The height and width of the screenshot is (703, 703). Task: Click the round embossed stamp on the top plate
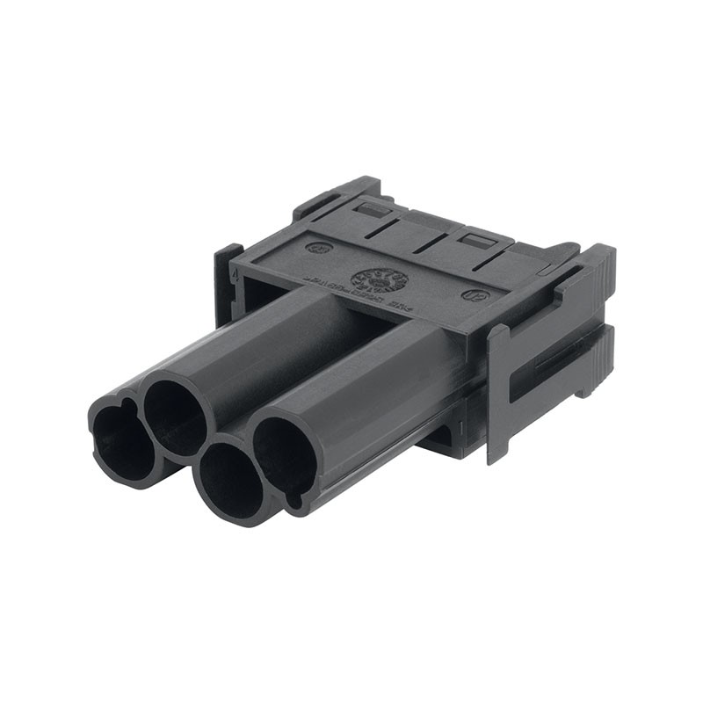[x=379, y=279]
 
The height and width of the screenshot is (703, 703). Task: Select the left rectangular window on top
[x=373, y=209]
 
